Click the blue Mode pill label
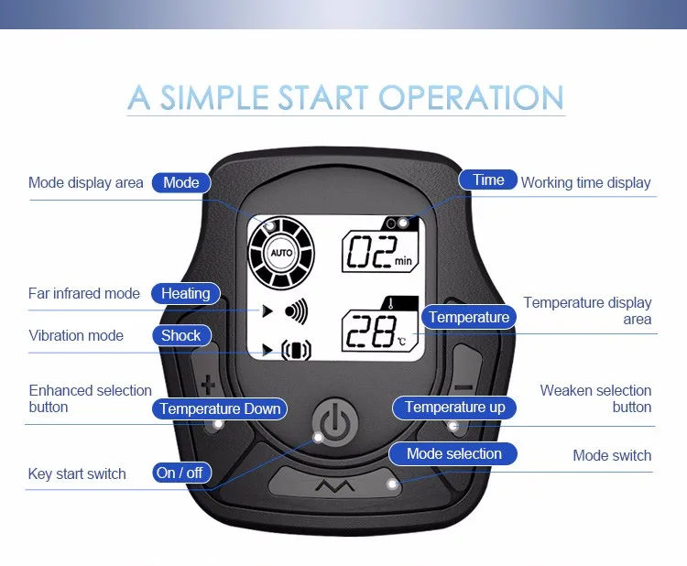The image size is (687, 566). click(181, 182)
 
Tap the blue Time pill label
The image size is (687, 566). click(488, 180)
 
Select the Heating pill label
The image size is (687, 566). click(185, 293)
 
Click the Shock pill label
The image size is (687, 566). click(181, 335)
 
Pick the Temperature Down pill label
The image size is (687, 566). click(220, 408)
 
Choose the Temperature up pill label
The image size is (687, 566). click(454, 408)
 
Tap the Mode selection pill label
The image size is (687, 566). click(453, 453)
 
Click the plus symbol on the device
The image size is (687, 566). click(208, 385)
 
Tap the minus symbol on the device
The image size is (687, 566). click(463, 387)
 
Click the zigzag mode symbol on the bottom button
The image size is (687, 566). click(335, 485)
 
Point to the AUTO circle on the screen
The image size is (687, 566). click(281, 253)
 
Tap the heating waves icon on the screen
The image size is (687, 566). click(296, 311)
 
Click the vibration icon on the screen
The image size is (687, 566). click(296, 350)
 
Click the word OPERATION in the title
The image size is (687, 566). click(471, 97)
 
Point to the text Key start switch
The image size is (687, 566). click(77, 473)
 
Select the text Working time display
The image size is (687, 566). click(586, 182)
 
